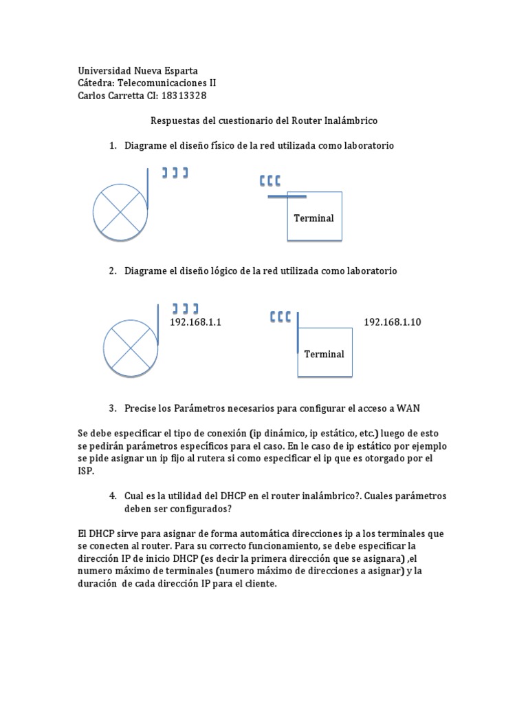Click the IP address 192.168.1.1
click(195, 322)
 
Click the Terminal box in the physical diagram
click(313, 218)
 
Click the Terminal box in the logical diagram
click(324, 354)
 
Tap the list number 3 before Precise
click(112, 408)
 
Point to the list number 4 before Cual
click(112, 496)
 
